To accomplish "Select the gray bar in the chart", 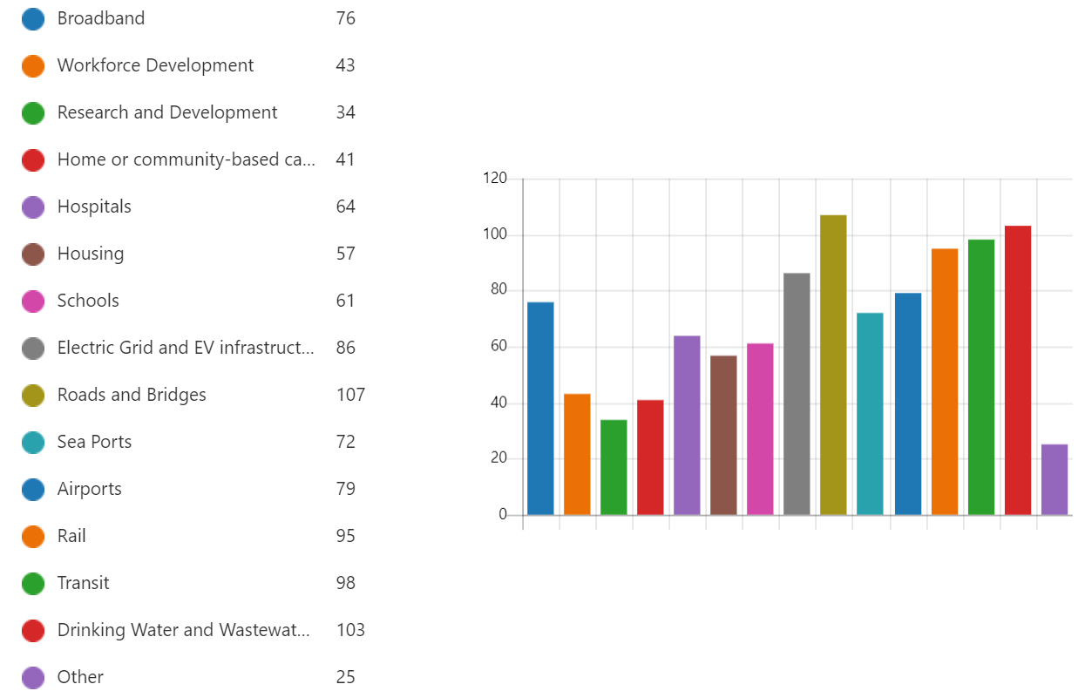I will click(797, 394).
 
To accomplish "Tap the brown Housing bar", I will click(723, 435).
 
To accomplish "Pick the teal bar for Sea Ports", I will click(870, 414).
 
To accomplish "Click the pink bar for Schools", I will click(760, 429).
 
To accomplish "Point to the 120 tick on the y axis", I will click(494, 179).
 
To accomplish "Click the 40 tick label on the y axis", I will click(497, 403).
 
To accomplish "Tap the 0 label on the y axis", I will click(502, 515).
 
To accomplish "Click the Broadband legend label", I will click(101, 18).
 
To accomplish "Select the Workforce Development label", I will click(155, 65).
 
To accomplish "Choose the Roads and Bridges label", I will click(132, 395).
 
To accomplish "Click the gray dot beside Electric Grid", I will click(33, 349).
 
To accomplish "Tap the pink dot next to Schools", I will click(33, 301).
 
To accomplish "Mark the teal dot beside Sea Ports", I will click(33, 443).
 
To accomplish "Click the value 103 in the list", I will click(350, 630).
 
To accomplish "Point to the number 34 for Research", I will click(345, 112).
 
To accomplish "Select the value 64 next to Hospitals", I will click(345, 207).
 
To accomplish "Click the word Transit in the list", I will click(83, 583).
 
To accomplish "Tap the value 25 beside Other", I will click(345, 677).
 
